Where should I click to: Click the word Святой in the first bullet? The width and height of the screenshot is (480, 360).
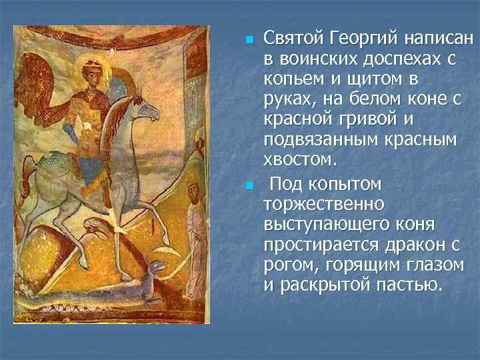293,38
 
